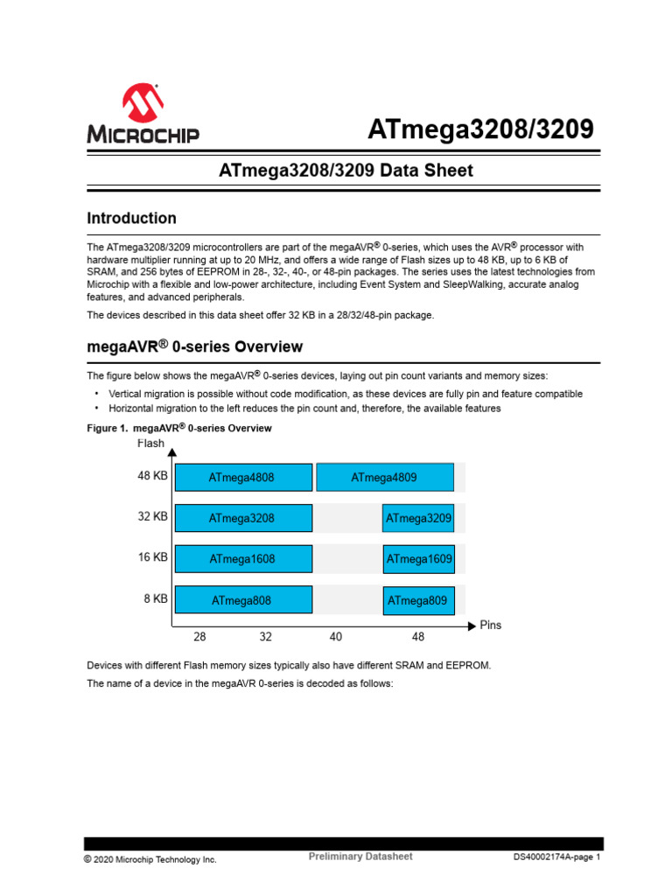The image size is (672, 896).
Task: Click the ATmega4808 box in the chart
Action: coord(243,478)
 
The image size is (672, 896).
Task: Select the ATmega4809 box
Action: coord(384,478)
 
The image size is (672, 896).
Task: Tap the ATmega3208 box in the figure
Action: coord(243,518)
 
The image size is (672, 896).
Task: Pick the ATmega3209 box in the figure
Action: coord(418,519)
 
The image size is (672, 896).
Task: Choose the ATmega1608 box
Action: coord(243,559)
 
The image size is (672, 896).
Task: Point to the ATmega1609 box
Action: coord(418,559)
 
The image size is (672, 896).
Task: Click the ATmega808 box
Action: coord(243,600)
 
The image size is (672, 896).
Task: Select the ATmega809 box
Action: coord(418,600)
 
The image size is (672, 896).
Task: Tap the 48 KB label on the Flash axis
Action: coord(152,476)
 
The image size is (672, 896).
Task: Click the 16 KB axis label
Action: coord(152,557)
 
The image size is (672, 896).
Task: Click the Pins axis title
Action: coord(491,626)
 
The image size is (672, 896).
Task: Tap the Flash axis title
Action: coord(150,444)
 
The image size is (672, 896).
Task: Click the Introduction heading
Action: coord(131,218)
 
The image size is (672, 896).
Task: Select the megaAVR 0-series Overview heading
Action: coord(194,347)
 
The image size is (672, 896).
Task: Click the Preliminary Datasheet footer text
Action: coord(360,857)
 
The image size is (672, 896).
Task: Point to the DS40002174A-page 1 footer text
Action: coord(556,858)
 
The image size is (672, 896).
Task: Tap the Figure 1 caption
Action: coord(179,428)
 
